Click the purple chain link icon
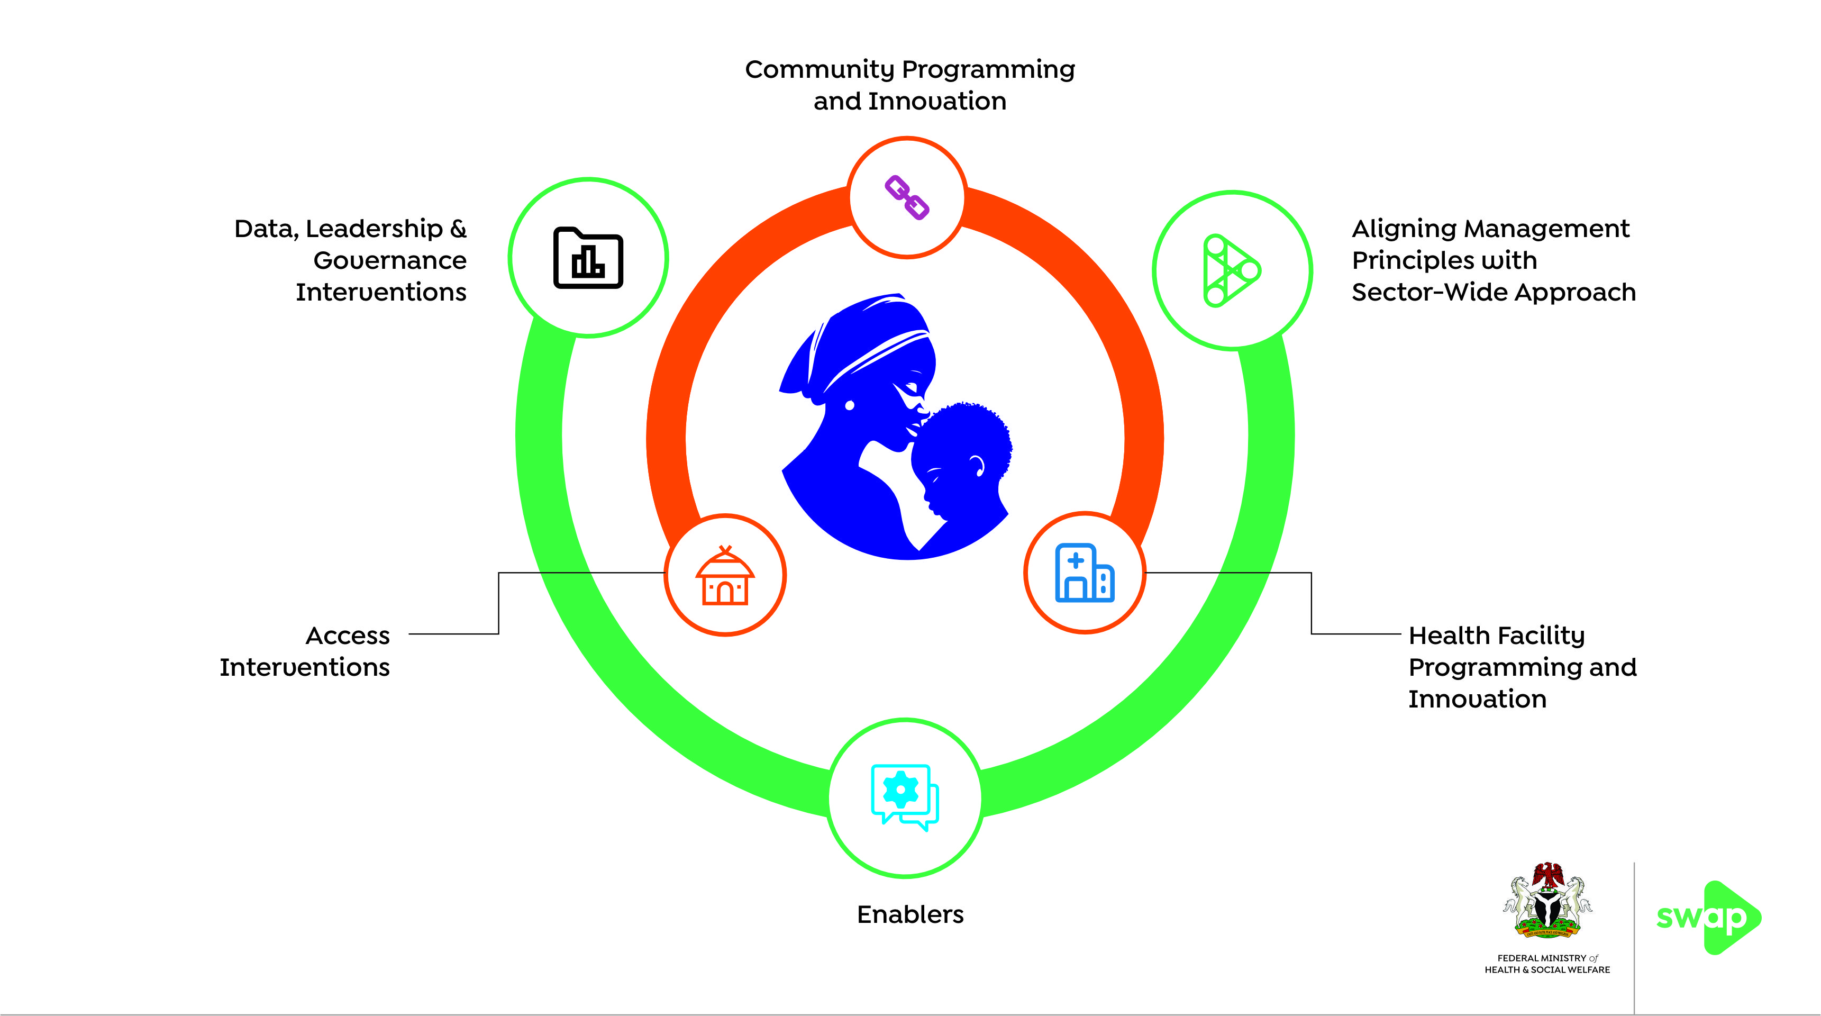(x=907, y=198)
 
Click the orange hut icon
(x=725, y=576)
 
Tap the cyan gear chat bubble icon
(x=904, y=797)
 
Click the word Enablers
(x=910, y=915)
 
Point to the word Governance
(x=389, y=261)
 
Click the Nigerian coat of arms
(x=1547, y=901)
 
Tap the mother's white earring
(x=850, y=406)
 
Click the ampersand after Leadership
(x=458, y=229)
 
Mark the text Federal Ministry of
(x=1547, y=958)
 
